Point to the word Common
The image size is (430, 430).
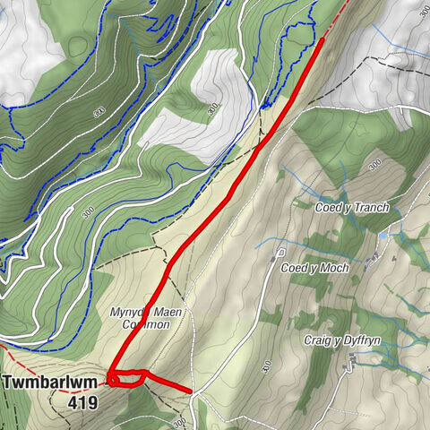click(x=146, y=324)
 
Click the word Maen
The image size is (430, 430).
click(x=162, y=312)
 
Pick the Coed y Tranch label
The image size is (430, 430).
click(x=353, y=207)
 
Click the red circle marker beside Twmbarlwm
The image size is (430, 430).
click(x=114, y=381)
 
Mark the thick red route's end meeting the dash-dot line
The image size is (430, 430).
click(x=322, y=39)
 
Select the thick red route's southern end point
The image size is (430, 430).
click(x=191, y=391)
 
